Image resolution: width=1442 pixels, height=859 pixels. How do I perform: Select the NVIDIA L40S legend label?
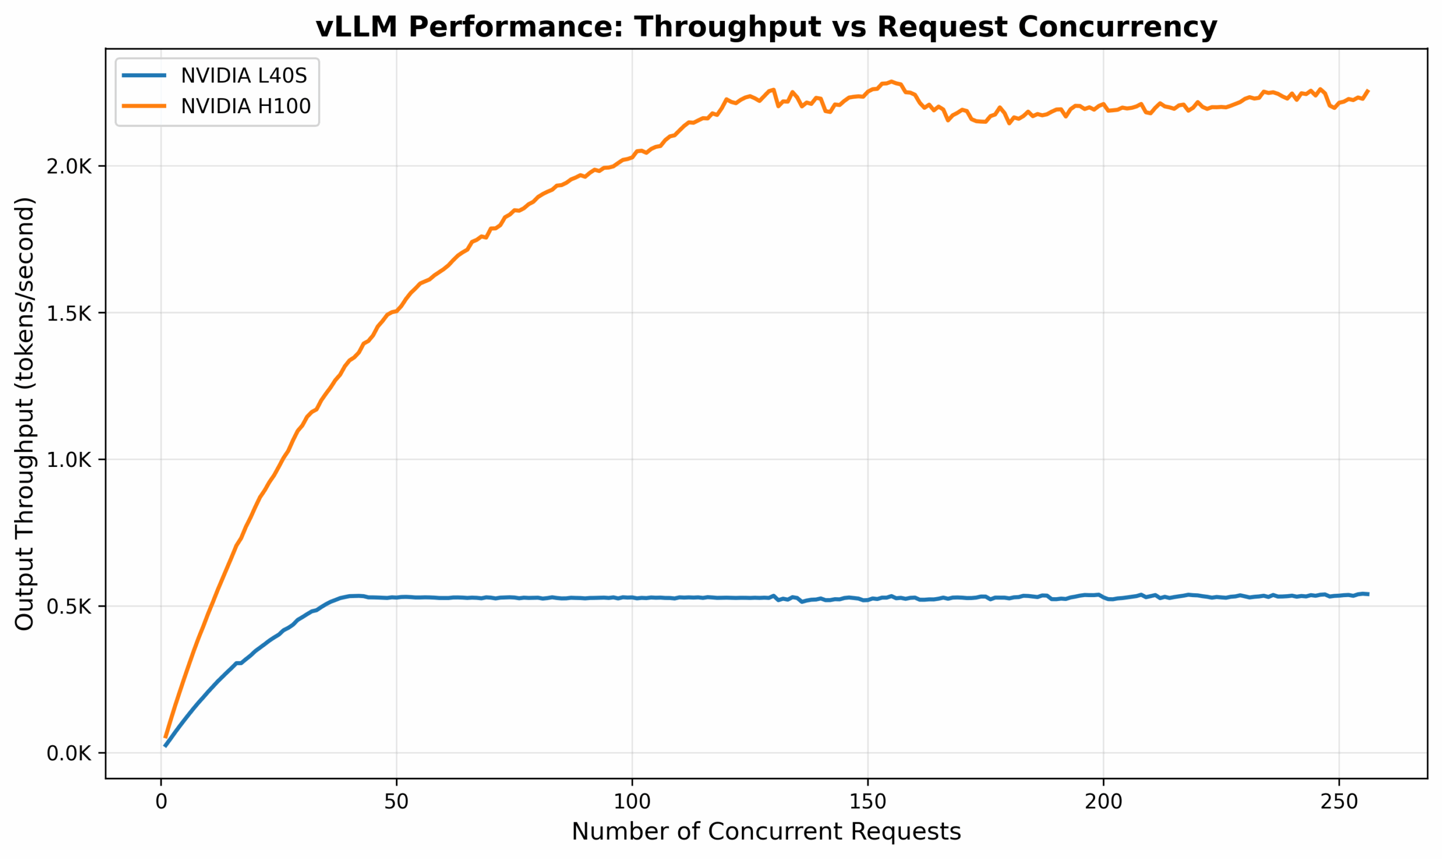coord(243,76)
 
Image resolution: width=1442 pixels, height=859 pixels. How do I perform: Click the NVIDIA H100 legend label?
coord(246,106)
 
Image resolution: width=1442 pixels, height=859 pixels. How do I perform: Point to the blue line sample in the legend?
coord(144,76)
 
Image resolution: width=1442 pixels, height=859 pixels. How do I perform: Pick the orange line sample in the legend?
coord(144,106)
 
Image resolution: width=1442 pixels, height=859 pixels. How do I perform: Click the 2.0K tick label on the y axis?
coord(69,167)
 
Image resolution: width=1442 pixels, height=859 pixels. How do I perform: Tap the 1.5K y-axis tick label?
coord(69,313)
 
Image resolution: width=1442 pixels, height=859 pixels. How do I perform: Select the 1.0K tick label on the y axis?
coord(69,460)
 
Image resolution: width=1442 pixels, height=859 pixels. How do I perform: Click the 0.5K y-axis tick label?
coord(69,607)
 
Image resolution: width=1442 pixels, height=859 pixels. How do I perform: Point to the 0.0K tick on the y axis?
coord(69,753)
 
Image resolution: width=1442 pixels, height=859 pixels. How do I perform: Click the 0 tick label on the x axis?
coord(161,802)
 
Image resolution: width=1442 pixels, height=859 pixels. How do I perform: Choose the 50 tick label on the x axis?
coord(397,802)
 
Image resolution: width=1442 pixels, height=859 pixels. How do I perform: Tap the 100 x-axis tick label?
coord(632,802)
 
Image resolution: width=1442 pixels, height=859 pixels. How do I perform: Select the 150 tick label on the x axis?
coord(867,802)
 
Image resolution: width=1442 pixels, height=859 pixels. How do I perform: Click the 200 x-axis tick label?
coord(1103,802)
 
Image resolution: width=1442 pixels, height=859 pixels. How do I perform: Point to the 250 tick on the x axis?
coord(1338,802)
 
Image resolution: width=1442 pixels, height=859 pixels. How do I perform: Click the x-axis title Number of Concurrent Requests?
coord(766,833)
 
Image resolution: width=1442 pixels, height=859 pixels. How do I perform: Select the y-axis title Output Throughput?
coord(24,413)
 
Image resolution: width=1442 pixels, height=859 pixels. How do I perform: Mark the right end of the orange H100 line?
coord(1368,91)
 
